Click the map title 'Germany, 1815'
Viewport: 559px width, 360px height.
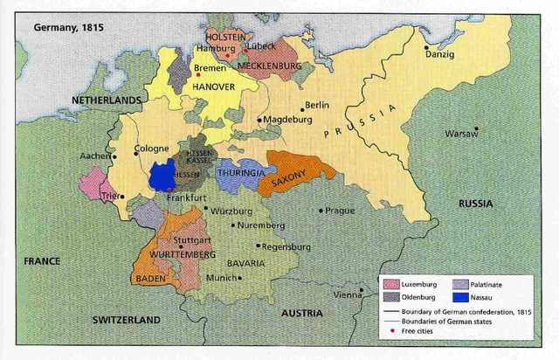68,27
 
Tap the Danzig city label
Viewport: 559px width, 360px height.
440,55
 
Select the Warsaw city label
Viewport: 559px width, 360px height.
461,135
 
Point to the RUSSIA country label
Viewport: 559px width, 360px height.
475,204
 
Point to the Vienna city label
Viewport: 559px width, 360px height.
348,294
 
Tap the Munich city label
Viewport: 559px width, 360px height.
223,278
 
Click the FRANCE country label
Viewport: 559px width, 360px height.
41,260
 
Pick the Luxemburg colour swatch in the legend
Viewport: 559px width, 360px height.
390,284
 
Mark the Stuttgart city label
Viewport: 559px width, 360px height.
192,239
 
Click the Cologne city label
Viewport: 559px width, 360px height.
152,149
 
